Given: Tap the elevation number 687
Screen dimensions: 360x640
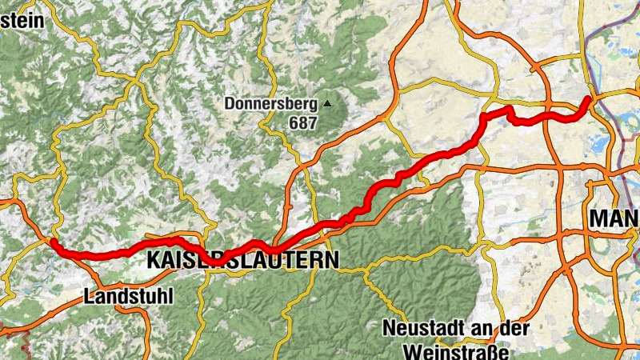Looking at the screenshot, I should [304, 123].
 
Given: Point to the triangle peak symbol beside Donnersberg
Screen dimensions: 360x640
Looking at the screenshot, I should [327, 103].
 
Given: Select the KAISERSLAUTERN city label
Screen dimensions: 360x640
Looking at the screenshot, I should [242, 259].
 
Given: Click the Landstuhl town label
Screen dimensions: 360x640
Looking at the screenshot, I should [127, 296].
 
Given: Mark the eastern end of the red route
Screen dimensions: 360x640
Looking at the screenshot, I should [589, 98].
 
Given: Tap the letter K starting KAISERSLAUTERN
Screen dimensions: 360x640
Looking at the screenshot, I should [154, 259].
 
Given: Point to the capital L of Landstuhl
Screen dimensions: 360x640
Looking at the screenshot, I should [88, 296].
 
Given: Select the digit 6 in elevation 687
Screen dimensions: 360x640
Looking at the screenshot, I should [295, 123].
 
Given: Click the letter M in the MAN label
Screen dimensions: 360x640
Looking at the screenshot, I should [599, 218].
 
